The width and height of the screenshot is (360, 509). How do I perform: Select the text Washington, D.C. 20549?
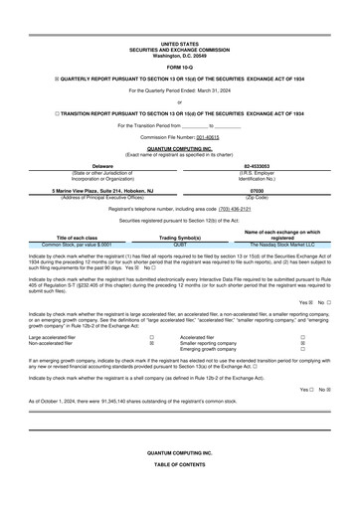coord(179,55)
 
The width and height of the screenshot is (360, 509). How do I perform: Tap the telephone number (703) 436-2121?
coord(235,210)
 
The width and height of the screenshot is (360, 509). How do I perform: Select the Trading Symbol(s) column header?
coord(180,238)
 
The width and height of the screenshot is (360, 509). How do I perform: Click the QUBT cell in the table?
coord(180,244)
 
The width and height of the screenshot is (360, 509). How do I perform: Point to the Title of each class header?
coord(78,238)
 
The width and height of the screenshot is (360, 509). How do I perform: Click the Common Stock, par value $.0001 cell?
coord(78,244)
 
